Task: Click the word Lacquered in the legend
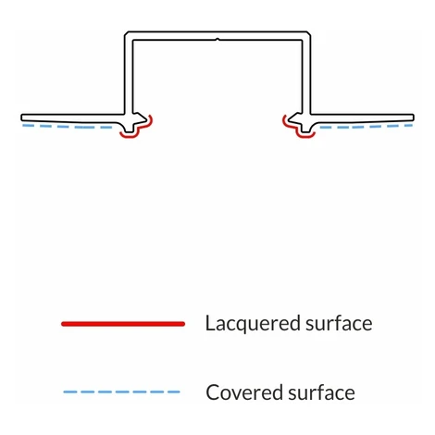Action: [x=253, y=323]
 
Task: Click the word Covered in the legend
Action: [x=244, y=392]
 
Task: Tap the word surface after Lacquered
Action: [x=339, y=323]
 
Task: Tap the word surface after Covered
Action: [x=321, y=391]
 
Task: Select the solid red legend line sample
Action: [x=123, y=324]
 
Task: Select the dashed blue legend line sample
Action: [x=121, y=392]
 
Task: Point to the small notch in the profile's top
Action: [x=217, y=40]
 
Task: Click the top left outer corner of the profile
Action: [x=125, y=31]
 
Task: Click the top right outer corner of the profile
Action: [x=310, y=31]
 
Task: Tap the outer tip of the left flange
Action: [x=21, y=118]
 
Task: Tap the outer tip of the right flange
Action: [x=414, y=118]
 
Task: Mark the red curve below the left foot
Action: [x=130, y=135]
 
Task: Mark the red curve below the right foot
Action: [x=305, y=135]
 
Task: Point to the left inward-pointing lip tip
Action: [x=146, y=118]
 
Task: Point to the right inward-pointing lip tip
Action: [x=289, y=118]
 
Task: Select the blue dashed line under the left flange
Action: [x=68, y=127]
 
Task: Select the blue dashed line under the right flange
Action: [x=367, y=127]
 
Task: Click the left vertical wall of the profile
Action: [x=129, y=74]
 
